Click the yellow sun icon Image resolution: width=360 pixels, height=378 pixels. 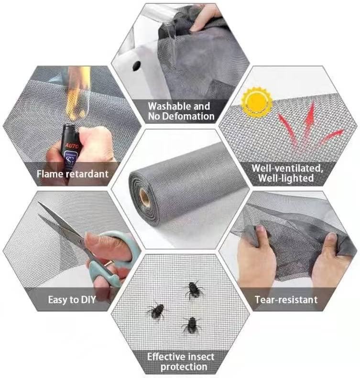[257, 100]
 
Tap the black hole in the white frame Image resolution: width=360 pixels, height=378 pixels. [136, 65]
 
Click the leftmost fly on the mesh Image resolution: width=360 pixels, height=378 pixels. [157, 311]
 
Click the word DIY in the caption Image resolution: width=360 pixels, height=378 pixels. [88, 300]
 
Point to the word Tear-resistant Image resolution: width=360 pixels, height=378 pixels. [286, 300]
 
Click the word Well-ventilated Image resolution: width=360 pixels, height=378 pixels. [287, 169]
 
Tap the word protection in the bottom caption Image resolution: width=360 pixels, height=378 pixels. [184, 367]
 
